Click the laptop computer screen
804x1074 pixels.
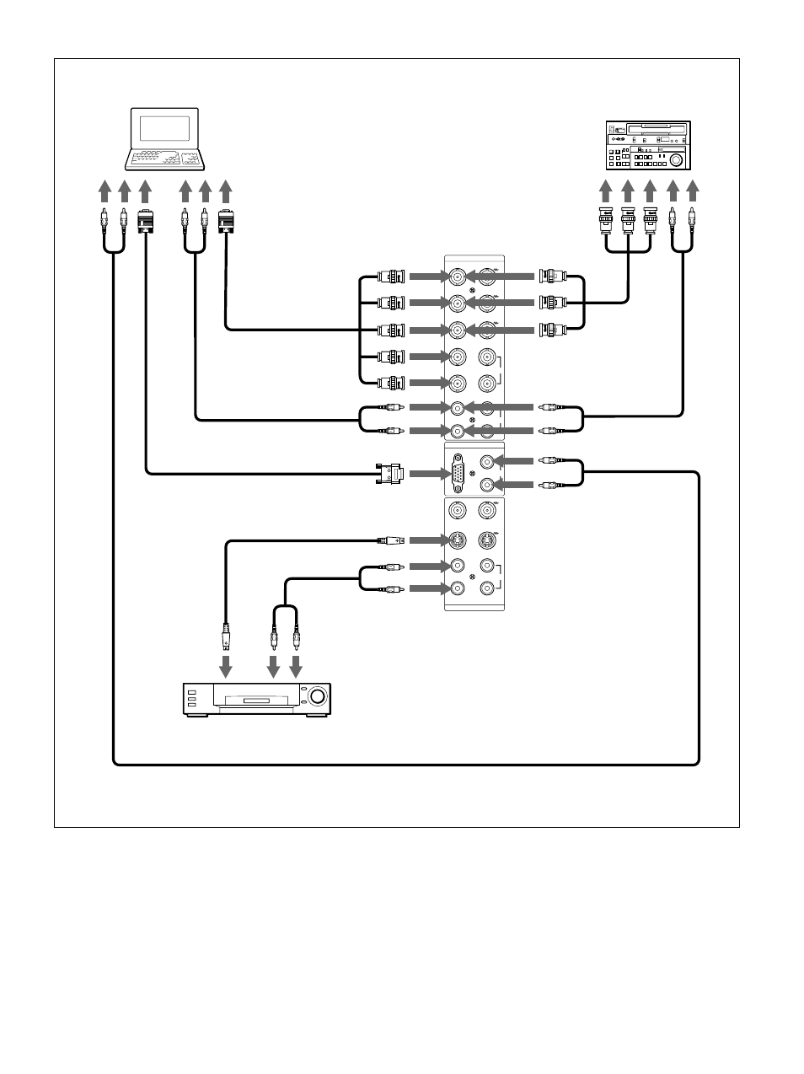[164, 128]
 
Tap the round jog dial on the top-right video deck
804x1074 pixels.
[677, 158]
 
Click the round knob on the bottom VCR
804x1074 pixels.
[318, 696]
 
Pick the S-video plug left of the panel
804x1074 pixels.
[392, 540]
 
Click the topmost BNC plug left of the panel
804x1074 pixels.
[391, 277]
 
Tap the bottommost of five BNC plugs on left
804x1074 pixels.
[391, 383]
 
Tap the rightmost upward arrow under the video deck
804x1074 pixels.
[693, 191]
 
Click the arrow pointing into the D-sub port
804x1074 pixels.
[426, 474]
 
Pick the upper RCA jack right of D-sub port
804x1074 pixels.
[486, 462]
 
